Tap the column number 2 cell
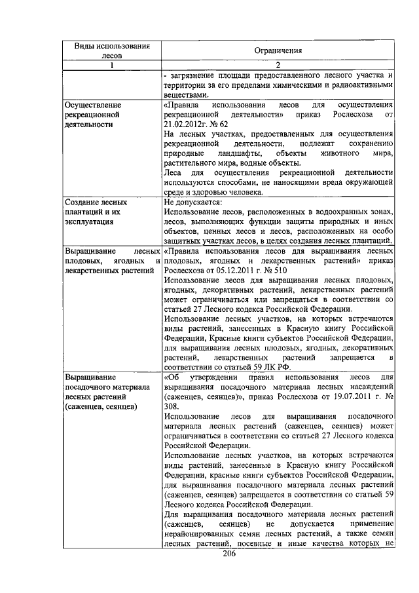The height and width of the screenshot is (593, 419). (278, 66)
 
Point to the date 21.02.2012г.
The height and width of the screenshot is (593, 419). (186, 124)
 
